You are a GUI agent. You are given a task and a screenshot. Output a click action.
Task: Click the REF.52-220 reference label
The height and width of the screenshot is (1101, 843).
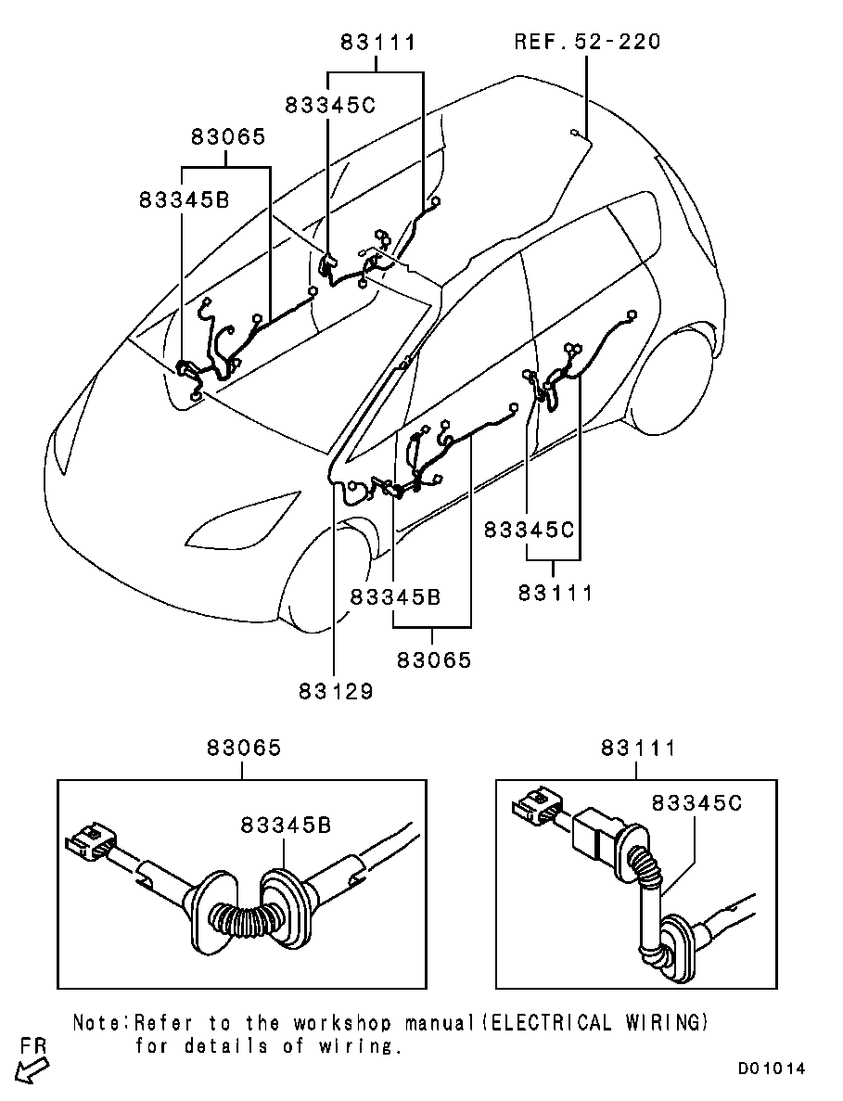(x=587, y=42)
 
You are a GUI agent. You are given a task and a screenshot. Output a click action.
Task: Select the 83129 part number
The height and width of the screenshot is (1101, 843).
(x=337, y=692)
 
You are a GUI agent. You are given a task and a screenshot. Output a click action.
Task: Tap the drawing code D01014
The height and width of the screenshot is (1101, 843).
(x=772, y=1069)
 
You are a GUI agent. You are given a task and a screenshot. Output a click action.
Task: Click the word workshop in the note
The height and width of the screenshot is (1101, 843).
(x=342, y=1022)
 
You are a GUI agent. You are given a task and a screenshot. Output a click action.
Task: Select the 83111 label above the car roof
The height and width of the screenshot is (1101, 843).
(x=378, y=42)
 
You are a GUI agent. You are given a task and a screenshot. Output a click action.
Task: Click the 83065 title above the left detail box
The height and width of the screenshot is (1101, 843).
(x=244, y=748)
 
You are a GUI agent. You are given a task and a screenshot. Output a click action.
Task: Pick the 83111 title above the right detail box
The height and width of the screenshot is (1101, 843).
(x=637, y=748)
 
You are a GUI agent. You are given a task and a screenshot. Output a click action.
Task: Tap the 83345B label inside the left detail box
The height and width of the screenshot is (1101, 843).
(x=286, y=825)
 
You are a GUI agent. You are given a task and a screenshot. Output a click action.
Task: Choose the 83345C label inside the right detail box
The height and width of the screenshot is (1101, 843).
(x=696, y=802)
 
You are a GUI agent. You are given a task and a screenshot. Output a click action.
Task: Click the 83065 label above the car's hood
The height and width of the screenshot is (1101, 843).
(x=228, y=136)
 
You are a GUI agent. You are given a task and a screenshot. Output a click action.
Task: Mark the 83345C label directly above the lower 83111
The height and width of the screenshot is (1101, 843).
(x=529, y=530)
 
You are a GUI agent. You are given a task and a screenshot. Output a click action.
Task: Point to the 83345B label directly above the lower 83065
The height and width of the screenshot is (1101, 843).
(x=395, y=596)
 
